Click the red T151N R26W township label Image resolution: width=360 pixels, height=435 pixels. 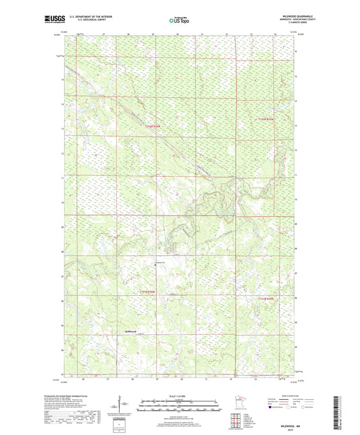pos(147,292)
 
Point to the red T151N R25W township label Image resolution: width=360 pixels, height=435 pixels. pos(266,298)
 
